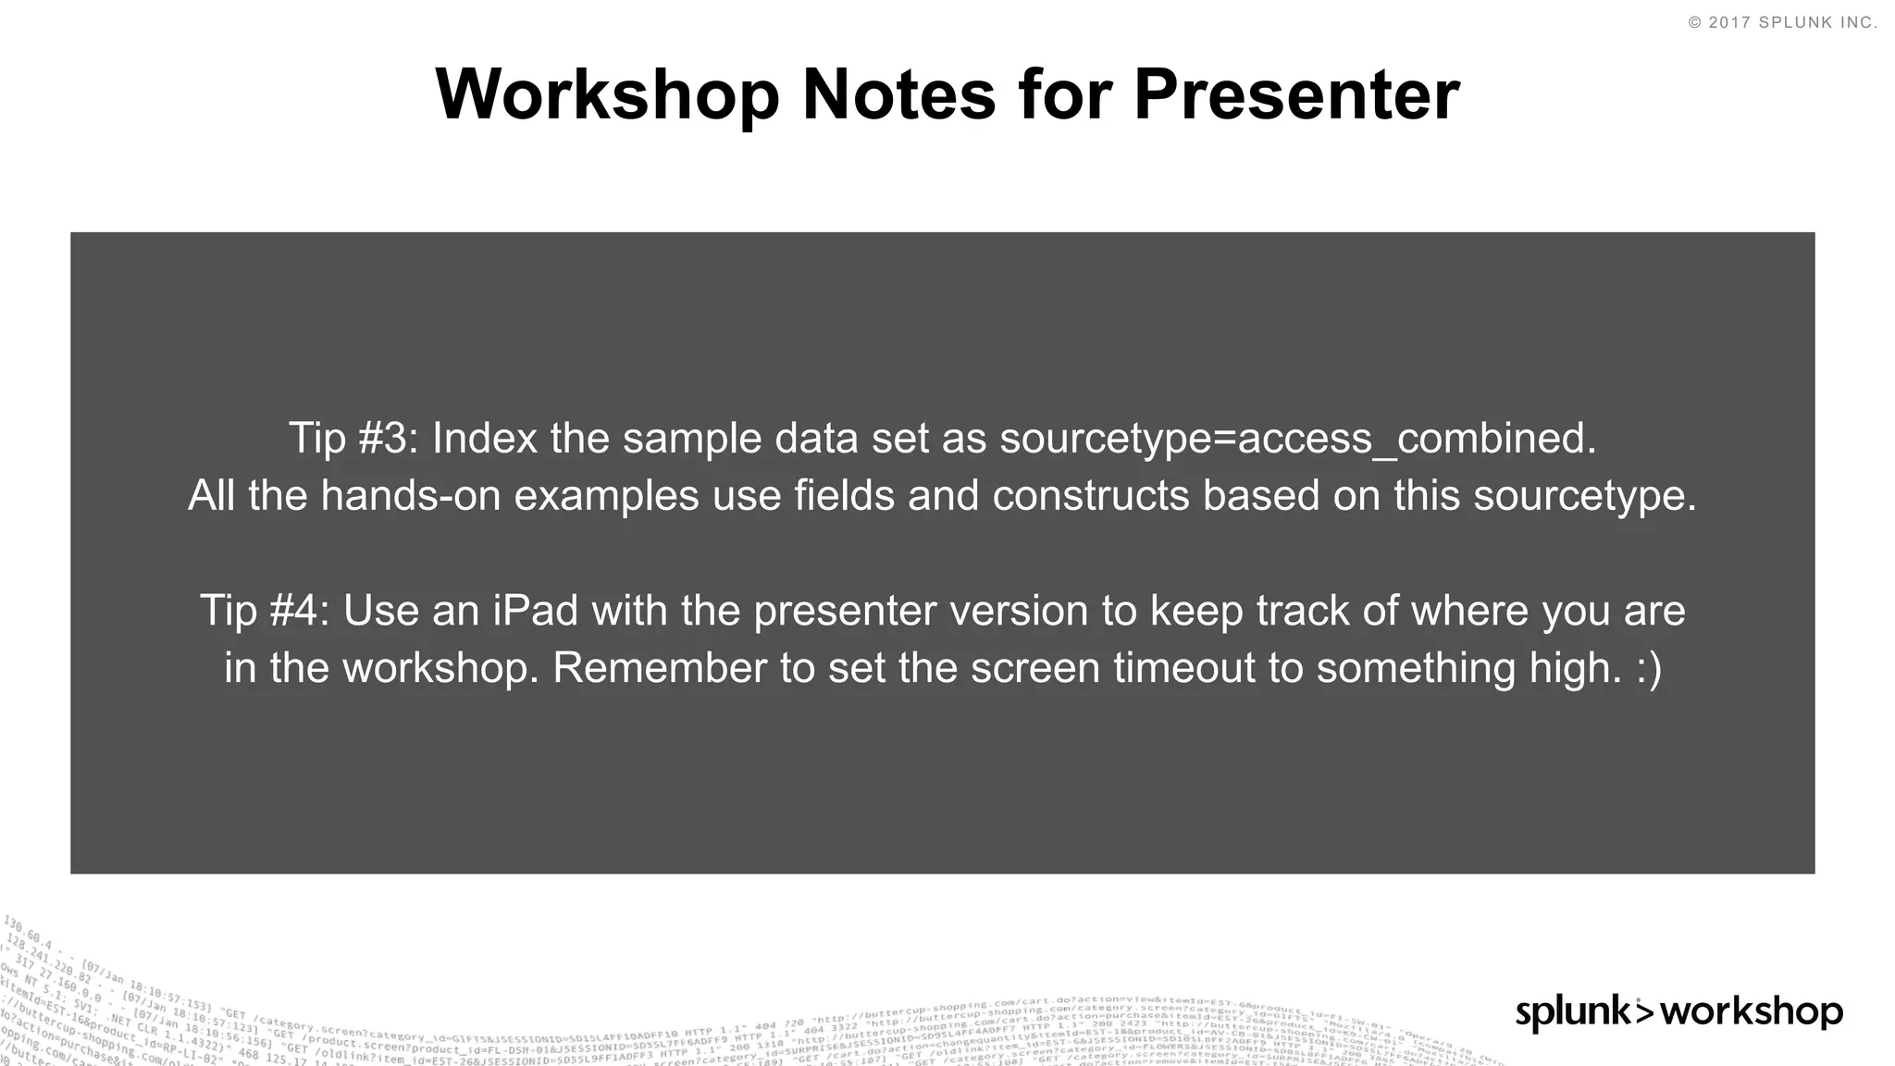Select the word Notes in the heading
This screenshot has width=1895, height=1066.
pos(898,95)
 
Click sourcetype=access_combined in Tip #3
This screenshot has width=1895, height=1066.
pos(1297,439)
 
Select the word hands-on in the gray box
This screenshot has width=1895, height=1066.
pos(415,496)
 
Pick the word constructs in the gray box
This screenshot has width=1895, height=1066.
pos(1091,496)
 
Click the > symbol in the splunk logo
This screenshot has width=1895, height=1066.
pos(1644,1010)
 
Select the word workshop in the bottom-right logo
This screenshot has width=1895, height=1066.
pos(1751,1012)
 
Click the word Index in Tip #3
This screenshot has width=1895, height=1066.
pos(484,439)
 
